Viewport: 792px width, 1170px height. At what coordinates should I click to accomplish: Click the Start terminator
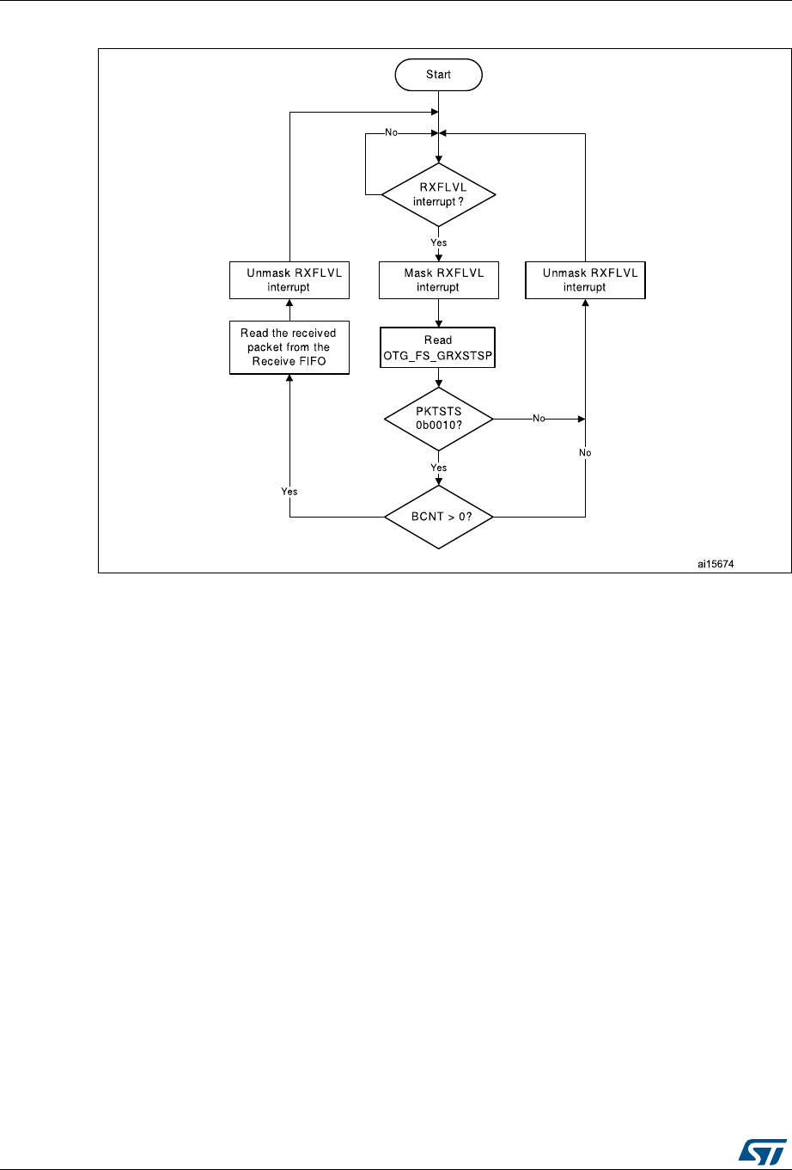[x=438, y=75]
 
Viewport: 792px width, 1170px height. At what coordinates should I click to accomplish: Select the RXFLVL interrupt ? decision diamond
[x=438, y=194]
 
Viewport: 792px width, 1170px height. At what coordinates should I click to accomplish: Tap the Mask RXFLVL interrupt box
[x=438, y=280]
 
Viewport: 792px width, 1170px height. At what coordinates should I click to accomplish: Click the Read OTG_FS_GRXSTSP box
[x=438, y=347]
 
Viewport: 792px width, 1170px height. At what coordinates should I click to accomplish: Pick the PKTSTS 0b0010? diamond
[x=438, y=420]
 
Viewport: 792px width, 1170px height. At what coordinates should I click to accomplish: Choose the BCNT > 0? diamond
[x=438, y=517]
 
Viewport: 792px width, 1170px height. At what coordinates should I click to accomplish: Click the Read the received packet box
[x=289, y=347]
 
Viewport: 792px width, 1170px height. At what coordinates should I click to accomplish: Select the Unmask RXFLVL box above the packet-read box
[x=289, y=280]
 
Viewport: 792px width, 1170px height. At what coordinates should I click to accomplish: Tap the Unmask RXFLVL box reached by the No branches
[x=585, y=280]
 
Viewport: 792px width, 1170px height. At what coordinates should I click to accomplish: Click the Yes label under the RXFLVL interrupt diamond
[x=438, y=243]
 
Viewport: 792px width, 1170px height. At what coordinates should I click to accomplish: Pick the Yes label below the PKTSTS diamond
[x=438, y=468]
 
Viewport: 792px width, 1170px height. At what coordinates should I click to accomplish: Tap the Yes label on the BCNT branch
[x=289, y=491]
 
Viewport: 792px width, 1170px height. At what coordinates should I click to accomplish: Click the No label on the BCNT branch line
[x=585, y=452]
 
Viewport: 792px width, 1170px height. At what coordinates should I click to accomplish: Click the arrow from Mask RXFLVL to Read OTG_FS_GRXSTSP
[x=438, y=313]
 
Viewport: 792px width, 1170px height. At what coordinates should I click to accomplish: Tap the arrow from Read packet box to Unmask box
[x=289, y=310]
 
